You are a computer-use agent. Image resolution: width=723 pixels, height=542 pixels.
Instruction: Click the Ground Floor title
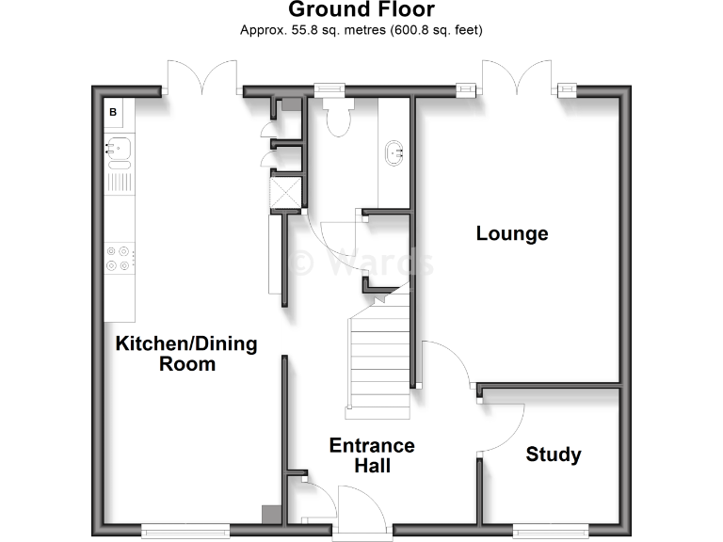click(361, 10)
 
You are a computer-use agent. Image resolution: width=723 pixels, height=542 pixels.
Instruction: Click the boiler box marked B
click(114, 113)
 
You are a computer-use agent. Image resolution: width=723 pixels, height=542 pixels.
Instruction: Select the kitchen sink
click(119, 147)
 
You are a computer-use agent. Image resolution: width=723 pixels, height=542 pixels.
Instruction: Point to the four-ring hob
click(120, 258)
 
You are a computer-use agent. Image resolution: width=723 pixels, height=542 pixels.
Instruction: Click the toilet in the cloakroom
click(336, 117)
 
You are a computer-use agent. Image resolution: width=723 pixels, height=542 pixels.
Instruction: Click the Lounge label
click(511, 233)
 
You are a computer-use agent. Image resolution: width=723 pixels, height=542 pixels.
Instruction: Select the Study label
click(553, 454)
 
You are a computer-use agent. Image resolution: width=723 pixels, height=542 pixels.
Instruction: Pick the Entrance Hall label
click(372, 455)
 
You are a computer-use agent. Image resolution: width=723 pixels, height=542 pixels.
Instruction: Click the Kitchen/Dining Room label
click(186, 353)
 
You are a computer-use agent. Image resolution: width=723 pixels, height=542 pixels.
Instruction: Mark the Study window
click(552, 530)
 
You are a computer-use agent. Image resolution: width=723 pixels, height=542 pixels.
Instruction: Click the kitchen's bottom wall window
click(185, 530)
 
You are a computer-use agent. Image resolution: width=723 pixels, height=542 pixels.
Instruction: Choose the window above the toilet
click(329, 90)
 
